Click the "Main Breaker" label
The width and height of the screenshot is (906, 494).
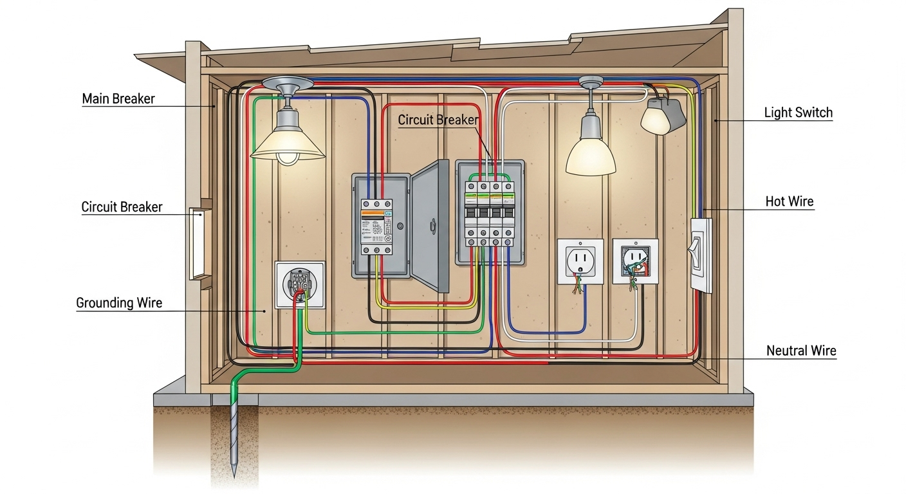[118, 99]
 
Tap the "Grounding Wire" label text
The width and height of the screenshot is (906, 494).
[119, 302]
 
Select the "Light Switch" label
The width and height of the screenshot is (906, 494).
[798, 113]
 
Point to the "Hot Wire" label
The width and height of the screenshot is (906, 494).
[789, 201]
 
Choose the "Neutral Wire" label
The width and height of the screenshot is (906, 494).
[800, 351]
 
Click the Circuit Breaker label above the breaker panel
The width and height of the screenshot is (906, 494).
[438, 120]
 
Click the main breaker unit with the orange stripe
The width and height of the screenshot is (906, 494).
[376, 225]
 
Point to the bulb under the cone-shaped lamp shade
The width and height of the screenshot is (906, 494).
[286, 157]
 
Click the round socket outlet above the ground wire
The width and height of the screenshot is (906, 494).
[300, 284]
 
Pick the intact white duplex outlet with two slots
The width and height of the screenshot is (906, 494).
[580, 261]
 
